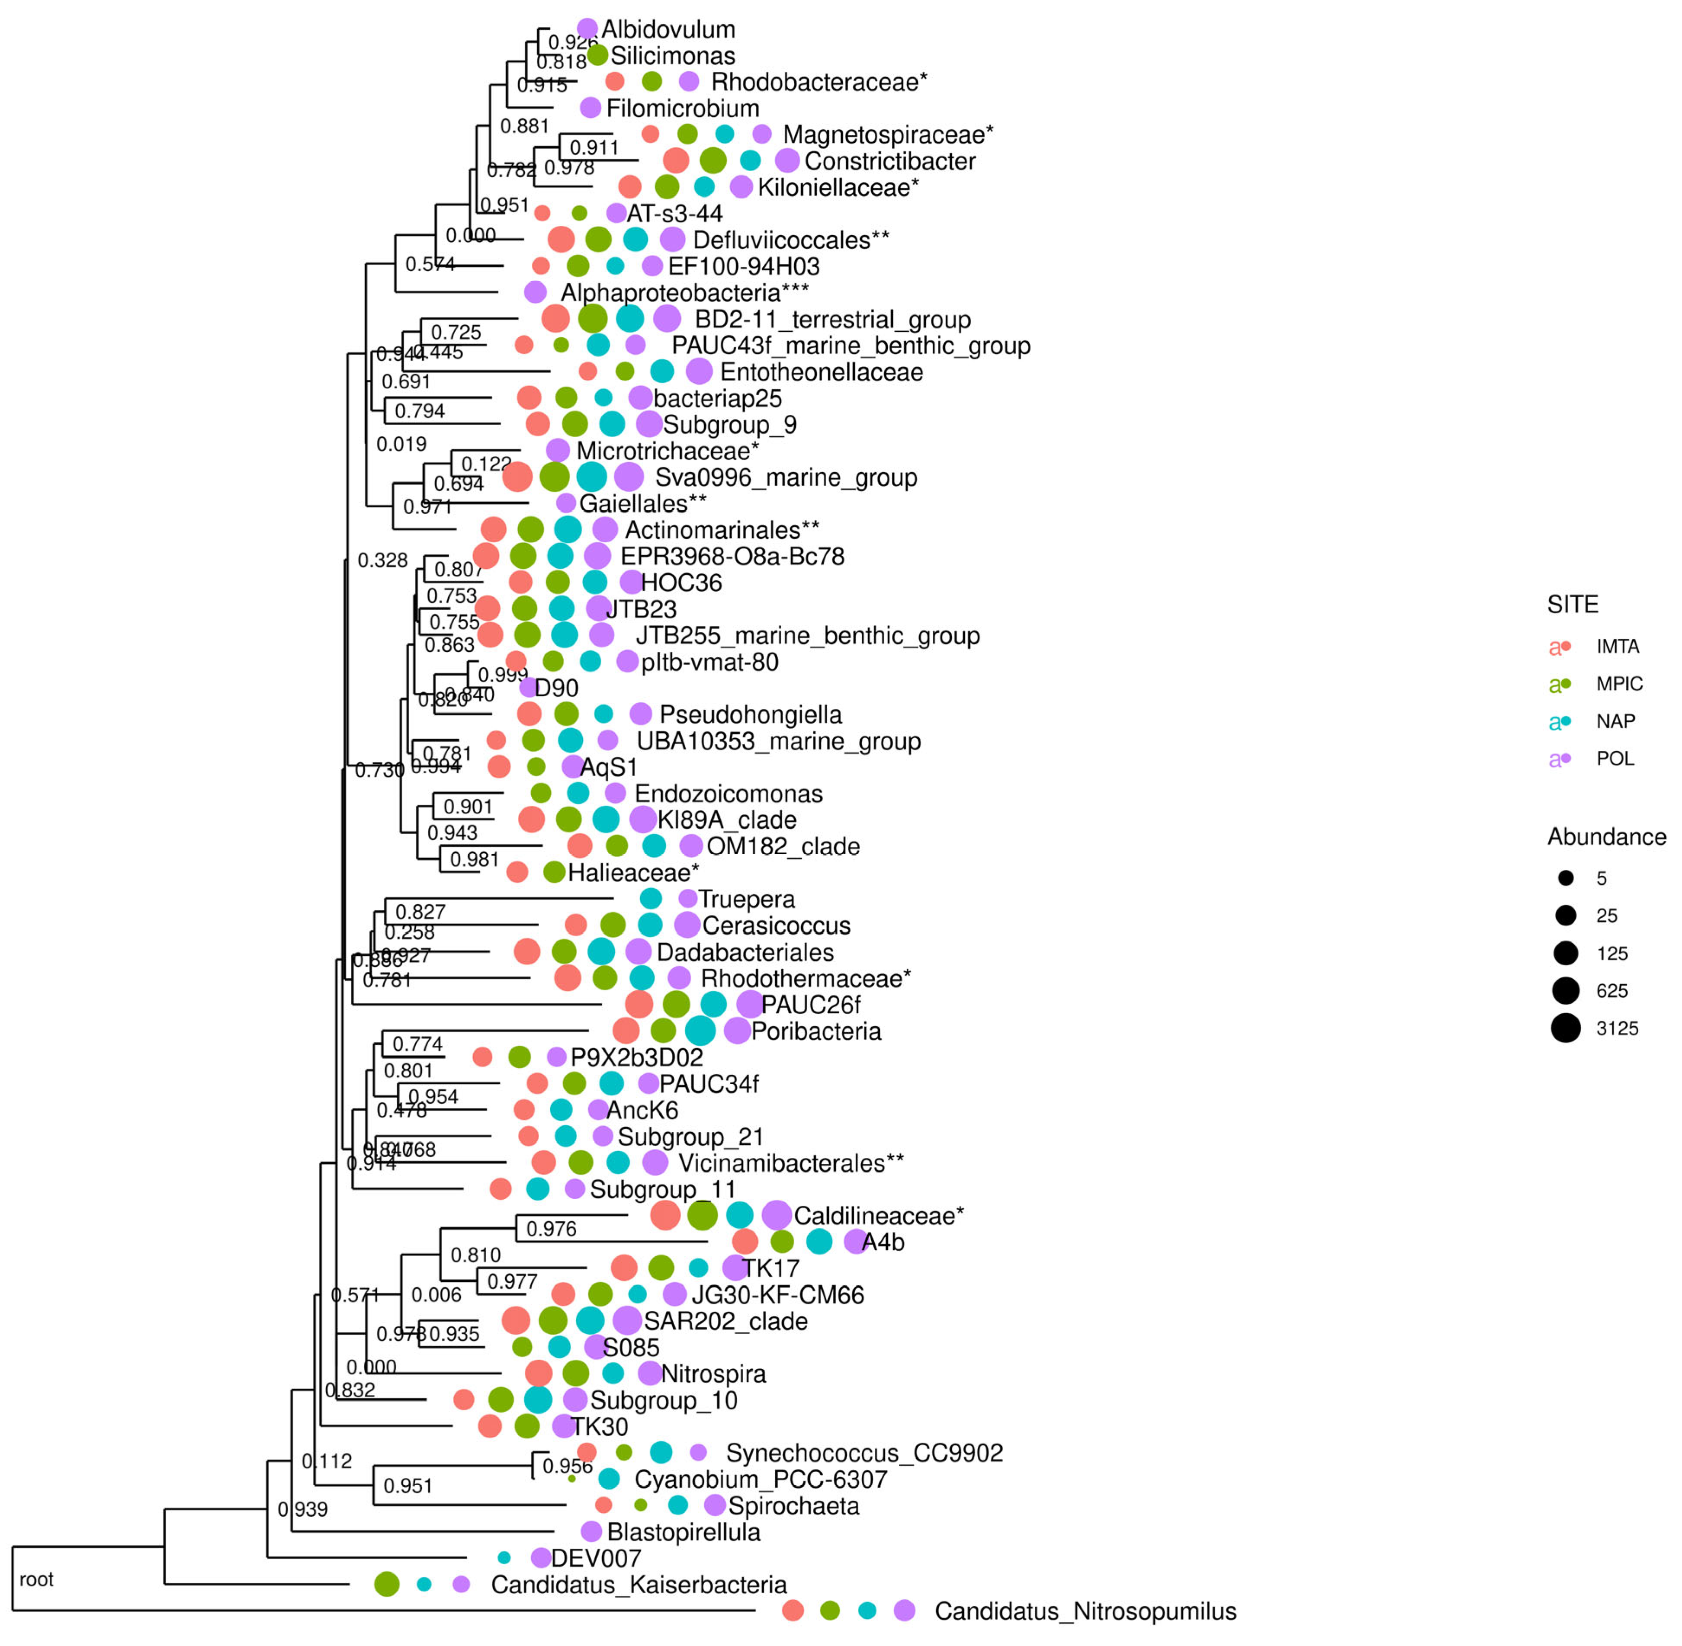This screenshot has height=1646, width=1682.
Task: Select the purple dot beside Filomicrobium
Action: (590, 108)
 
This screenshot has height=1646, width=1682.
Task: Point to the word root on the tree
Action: (36, 1579)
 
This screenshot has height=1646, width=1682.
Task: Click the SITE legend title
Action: (1572, 604)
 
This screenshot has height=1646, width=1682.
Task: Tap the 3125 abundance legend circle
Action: (1565, 1028)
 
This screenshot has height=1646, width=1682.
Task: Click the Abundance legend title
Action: (1606, 837)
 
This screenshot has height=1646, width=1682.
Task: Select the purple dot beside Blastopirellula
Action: (591, 1532)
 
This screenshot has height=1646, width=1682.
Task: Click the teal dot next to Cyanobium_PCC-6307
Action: (609, 1479)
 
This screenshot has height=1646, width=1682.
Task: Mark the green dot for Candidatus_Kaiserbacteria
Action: (387, 1585)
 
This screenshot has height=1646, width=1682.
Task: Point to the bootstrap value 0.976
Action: (551, 1229)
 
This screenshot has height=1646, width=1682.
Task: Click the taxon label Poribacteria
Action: (815, 1031)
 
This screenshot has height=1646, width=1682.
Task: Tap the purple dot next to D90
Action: (527, 688)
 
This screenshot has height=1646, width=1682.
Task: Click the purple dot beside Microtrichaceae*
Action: (558, 450)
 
